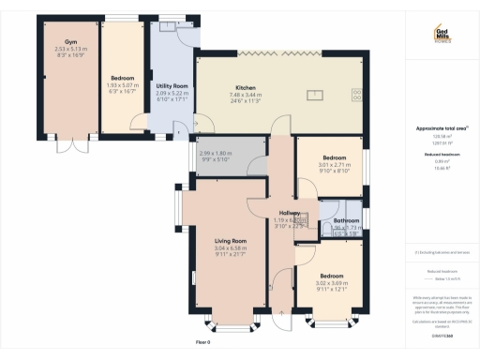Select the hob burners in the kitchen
[x=356, y=93]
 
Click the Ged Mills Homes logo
[x=442, y=32]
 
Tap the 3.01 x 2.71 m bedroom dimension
[x=334, y=164]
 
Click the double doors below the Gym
[x=79, y=149]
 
